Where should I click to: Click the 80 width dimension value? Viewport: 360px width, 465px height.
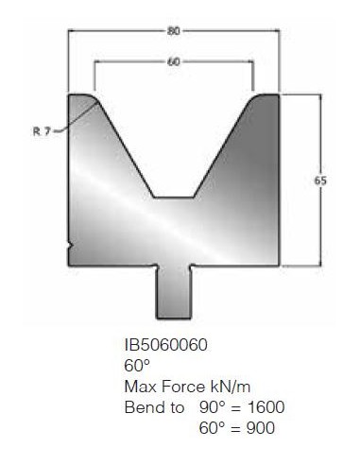pos(173,31)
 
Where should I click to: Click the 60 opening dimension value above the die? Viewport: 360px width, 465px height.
pos(173,61)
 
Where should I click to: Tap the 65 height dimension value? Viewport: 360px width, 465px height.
pos(320,181)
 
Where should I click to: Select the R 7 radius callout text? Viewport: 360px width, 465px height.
pos(42,131)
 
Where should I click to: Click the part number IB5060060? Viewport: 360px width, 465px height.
pos(166,345)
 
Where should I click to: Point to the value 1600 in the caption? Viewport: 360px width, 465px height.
pos(266,406)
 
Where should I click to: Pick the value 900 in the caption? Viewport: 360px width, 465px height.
pos(261,427)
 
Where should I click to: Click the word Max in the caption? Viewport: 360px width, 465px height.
pos(141,387)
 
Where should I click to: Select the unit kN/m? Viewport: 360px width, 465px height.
pos(231,387)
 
